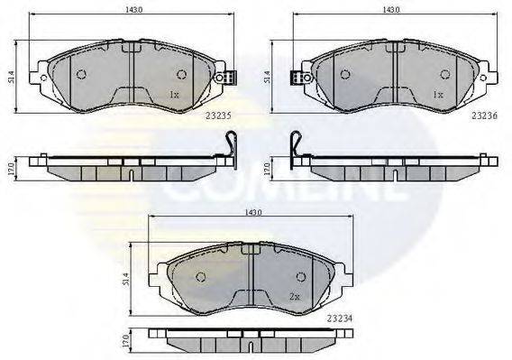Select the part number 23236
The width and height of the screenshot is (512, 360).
pos(482,115)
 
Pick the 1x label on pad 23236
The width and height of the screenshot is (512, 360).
pos(438,94)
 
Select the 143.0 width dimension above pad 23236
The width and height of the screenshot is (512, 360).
pos(391,10)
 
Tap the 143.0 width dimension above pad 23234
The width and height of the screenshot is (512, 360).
pos(251,212)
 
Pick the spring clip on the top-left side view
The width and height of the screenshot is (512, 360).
pos(230,143)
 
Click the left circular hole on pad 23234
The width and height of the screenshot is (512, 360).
pos(202,276)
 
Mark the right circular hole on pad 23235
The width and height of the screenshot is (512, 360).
pos(180,74)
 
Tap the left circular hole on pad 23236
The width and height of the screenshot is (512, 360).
pos(343,74)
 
